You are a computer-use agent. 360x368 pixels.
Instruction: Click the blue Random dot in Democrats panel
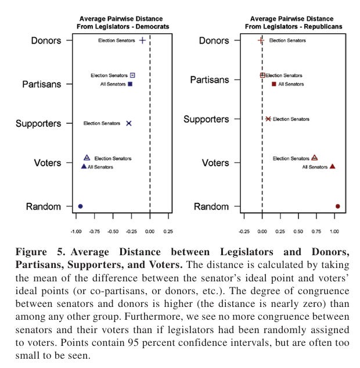[81, 206]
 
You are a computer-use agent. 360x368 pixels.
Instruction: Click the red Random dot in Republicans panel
[337, 206]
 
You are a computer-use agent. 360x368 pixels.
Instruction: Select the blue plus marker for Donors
[142, 41]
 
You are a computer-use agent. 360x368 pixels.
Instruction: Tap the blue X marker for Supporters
[129, 123]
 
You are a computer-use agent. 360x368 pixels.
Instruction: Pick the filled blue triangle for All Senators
[84, 167]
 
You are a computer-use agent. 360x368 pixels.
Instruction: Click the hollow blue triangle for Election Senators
[87, 158]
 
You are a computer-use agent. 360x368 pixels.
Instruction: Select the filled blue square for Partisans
[131, 84]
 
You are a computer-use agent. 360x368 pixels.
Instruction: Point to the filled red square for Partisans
[274, 84]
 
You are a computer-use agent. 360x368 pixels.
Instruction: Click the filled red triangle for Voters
[333, 166]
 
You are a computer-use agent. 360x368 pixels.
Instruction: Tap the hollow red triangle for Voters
[315, 158]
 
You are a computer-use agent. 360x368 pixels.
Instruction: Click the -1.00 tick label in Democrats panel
[76, 231]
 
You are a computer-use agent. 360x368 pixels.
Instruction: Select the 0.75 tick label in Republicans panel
[316, 231]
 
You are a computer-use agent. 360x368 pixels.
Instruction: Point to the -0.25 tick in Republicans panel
[244, 231]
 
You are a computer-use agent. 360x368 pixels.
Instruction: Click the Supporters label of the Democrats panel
[38, 123]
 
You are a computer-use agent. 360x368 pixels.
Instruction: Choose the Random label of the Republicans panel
[211, 207]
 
